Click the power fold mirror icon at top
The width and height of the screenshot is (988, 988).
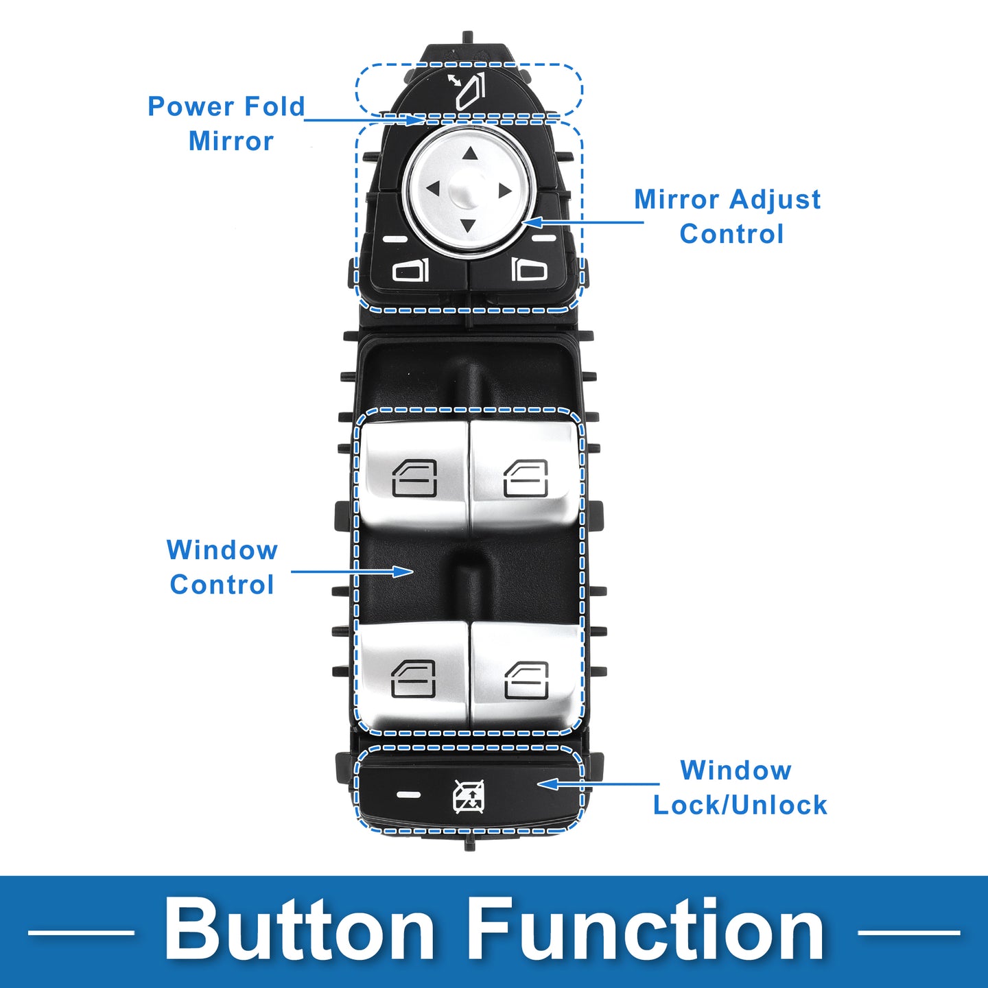[469, 91]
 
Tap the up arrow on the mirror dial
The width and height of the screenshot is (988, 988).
[469, 154]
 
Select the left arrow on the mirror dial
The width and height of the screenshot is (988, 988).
[433, 187]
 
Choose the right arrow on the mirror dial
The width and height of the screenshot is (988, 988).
[505, 190]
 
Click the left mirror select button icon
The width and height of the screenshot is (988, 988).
[410, 270]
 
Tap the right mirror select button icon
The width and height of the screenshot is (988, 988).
[529, 270]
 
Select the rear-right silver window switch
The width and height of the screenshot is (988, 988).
[526, 676]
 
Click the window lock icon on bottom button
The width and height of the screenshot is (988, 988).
[469, 796]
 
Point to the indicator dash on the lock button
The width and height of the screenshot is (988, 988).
[409, 795]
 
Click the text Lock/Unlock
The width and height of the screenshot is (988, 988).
[740, 805]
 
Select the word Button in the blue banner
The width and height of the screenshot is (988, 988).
[299, 930]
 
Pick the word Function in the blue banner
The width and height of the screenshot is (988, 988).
[647, 930]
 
